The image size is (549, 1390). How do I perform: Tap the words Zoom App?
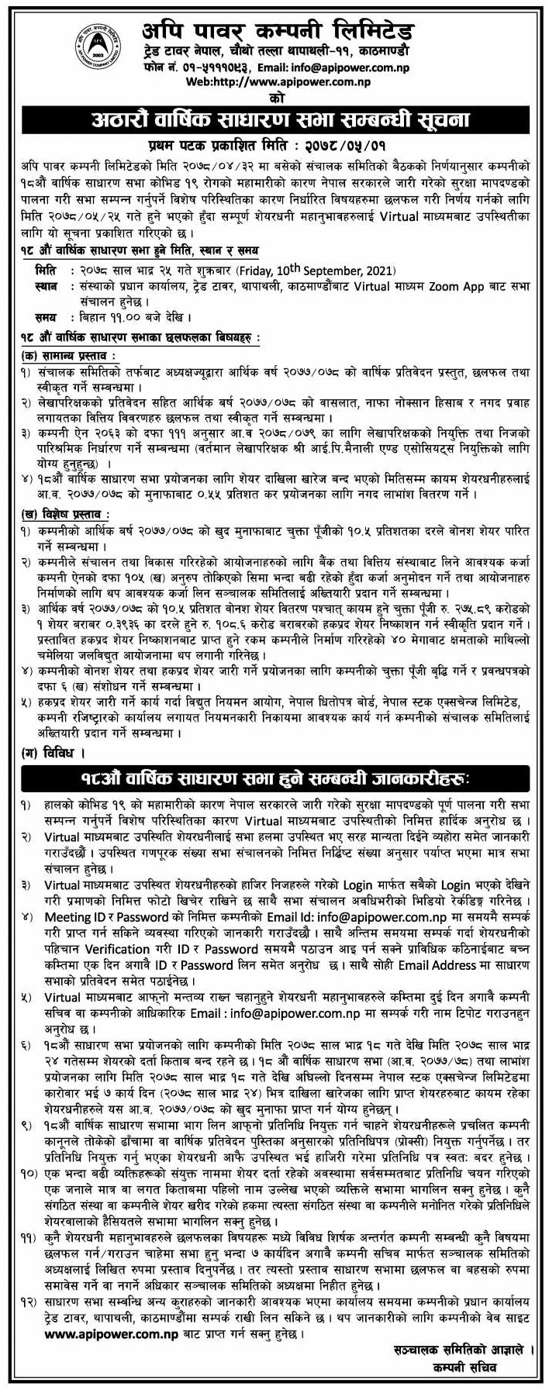tap(468, 286)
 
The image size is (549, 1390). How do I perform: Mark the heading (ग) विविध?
tap(54, 752)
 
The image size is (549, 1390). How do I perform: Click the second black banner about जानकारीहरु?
tap(275, 778)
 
